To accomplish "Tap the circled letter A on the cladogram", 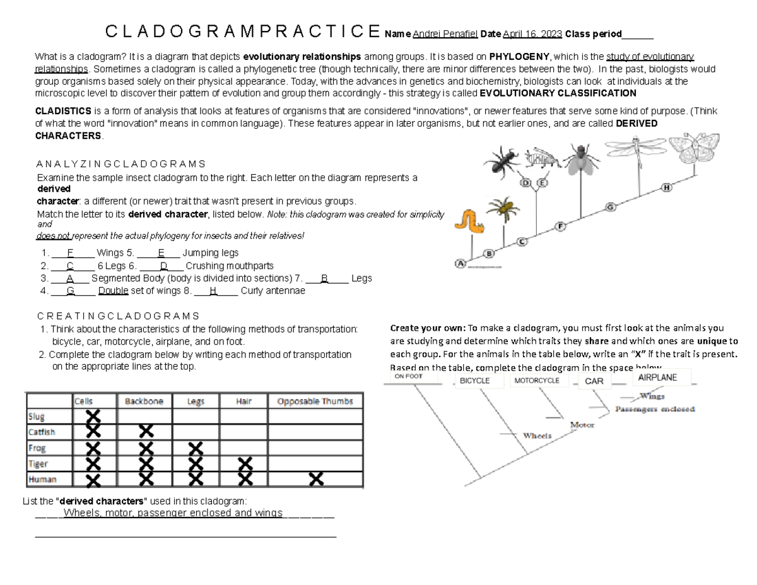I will coord(460,263).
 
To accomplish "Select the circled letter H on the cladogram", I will coord(667,187).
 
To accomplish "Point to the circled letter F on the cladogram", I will coord(561,226).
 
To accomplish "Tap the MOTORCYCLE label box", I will coord(537,381).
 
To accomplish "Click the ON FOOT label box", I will coord(408,376).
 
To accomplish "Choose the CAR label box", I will coord(594,381).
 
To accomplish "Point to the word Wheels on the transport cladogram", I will coord(537,435).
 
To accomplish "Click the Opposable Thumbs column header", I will coord(315,401).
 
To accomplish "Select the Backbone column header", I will coord(144,401).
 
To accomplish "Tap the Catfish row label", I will coord(42,432).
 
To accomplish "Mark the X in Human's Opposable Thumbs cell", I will coord(315,480).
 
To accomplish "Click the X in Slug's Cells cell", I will coord(93,417).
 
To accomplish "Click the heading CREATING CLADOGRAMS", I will coord(118,316).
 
